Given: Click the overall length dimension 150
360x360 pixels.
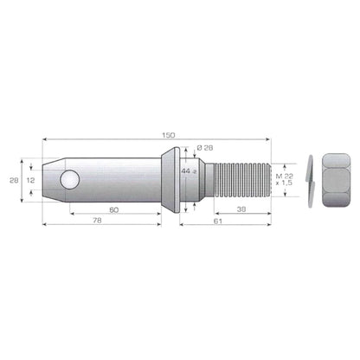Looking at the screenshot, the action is point(169,135).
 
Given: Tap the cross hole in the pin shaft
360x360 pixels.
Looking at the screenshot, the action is point(70,180).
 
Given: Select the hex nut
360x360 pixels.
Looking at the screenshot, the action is point(336,180).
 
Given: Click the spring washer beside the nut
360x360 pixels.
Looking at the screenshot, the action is point(310,181).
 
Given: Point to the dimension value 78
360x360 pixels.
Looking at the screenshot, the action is point(97,221).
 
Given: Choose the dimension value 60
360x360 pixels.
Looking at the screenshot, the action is point(114,210).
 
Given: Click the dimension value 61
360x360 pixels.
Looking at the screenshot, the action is point(218,222).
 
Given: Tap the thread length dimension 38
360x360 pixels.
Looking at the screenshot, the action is point(241,209).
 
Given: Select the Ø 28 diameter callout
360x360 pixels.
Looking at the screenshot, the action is point(205,148).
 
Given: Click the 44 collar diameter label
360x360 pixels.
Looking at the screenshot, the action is point(186,171).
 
